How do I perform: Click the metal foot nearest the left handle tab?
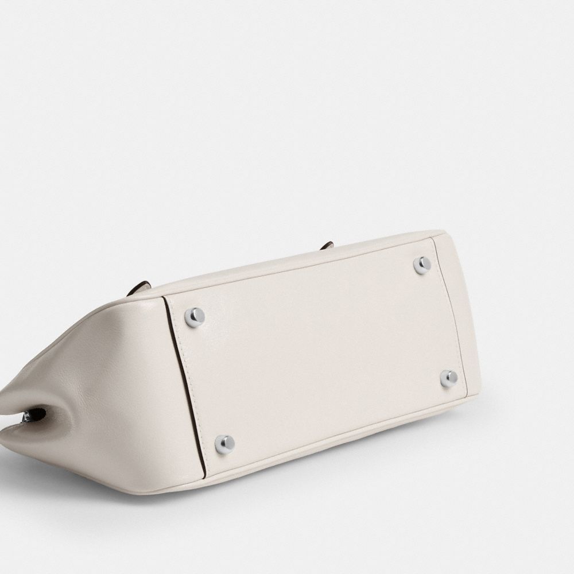[195, 316]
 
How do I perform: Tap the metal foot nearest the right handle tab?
[422, 265]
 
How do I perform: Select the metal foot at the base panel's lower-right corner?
[448, 378]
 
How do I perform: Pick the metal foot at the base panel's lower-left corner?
[224, 443]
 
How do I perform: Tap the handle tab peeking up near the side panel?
[140, 287]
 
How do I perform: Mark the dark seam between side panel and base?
[184, 385]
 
